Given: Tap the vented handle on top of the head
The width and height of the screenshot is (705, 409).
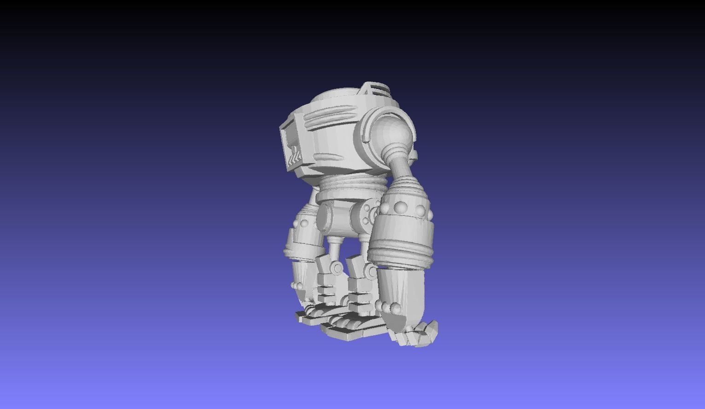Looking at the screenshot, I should (x=374, y=88).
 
